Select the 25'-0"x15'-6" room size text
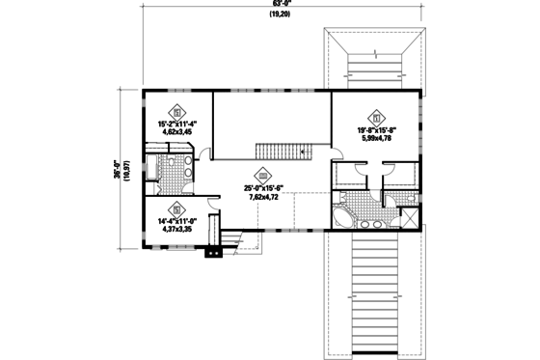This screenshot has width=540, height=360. (x=263, y=187)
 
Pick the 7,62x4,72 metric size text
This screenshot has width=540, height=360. (x=263, y=196)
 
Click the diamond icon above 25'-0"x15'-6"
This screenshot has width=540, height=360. (x=263, y=173)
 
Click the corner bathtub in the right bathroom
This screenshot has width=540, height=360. (x=341, y=217)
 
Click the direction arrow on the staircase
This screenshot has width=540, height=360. (x=304, y=152)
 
